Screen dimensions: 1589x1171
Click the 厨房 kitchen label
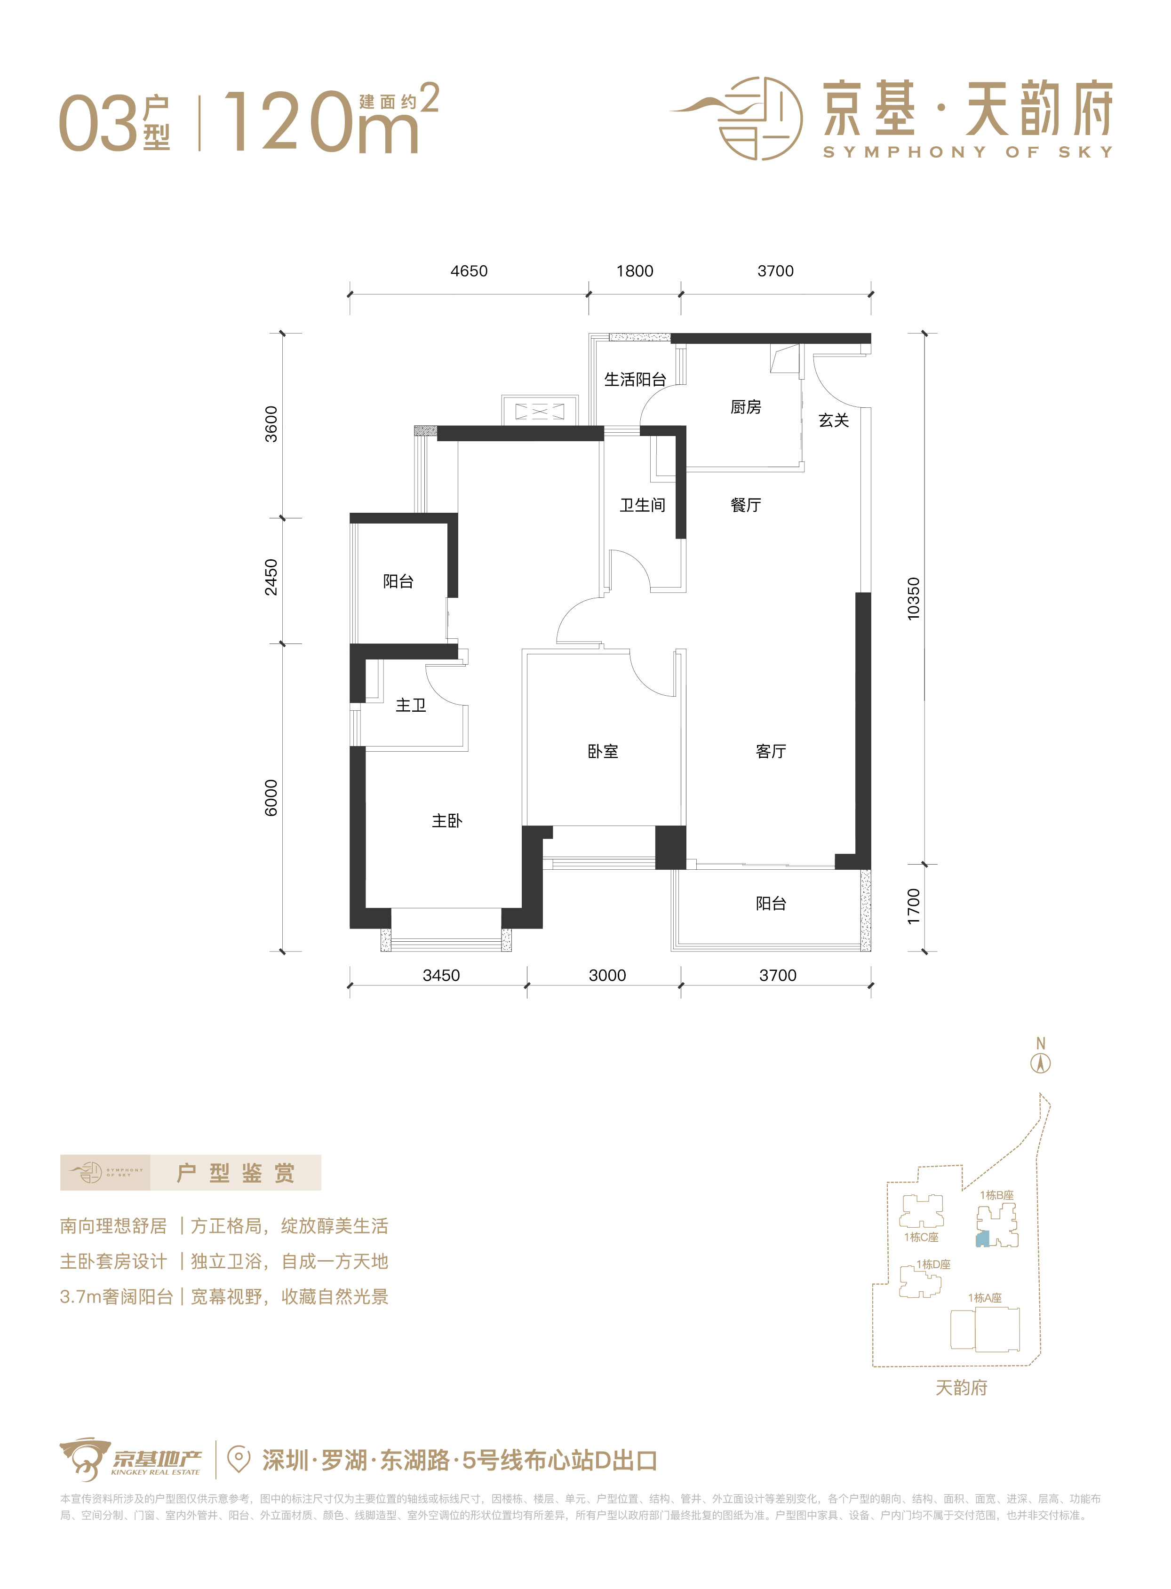point(746,407)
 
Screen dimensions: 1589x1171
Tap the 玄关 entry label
point(834,420)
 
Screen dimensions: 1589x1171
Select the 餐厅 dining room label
point(746,505)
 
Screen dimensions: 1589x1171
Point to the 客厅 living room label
point(771,751)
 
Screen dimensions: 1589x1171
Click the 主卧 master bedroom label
point(446,821)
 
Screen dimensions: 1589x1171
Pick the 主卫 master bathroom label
point(410,705)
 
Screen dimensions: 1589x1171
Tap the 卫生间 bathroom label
point(642,505)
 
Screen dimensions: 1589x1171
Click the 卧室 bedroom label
point(603,751)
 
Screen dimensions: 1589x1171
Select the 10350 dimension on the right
point(914,599)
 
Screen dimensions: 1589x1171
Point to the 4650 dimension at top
point(469,271)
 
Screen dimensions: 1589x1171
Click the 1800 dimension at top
point(634,271)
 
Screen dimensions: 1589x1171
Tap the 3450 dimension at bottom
point(441,975)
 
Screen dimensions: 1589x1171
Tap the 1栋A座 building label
point(985,1298)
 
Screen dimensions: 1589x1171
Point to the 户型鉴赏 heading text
point(235,1173)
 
